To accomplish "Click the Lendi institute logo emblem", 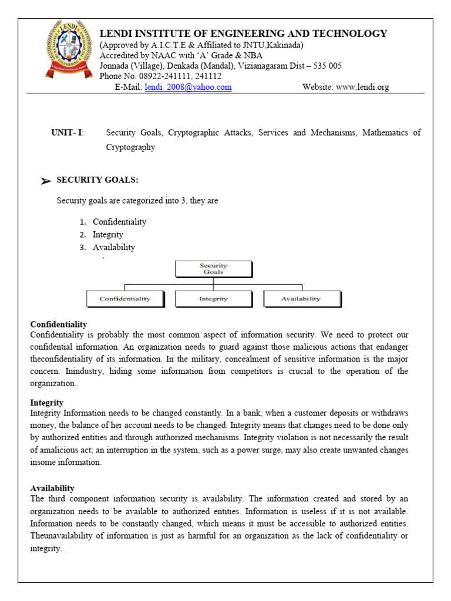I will coord(70,50).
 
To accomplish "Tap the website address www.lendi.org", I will coord(362,87).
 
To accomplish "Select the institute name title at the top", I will coord(244,33).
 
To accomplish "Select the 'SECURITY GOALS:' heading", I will coord(97,180).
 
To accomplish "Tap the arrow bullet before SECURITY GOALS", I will coord(46,181).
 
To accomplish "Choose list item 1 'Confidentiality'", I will coord(119,222).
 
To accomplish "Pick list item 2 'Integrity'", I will coord(108,235).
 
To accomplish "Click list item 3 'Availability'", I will coord(114,247).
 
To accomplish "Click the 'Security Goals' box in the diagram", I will coord(214,269).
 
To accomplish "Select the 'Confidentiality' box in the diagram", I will coord(124,299).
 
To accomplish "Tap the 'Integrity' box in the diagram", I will coord(214,299).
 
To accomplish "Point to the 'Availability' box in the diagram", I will coord(301,299).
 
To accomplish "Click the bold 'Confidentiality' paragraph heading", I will coord(59,324).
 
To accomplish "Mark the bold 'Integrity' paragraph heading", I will coord(46,403).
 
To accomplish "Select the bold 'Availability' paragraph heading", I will coord(52,488).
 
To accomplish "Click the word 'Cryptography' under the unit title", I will coord(130,147).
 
